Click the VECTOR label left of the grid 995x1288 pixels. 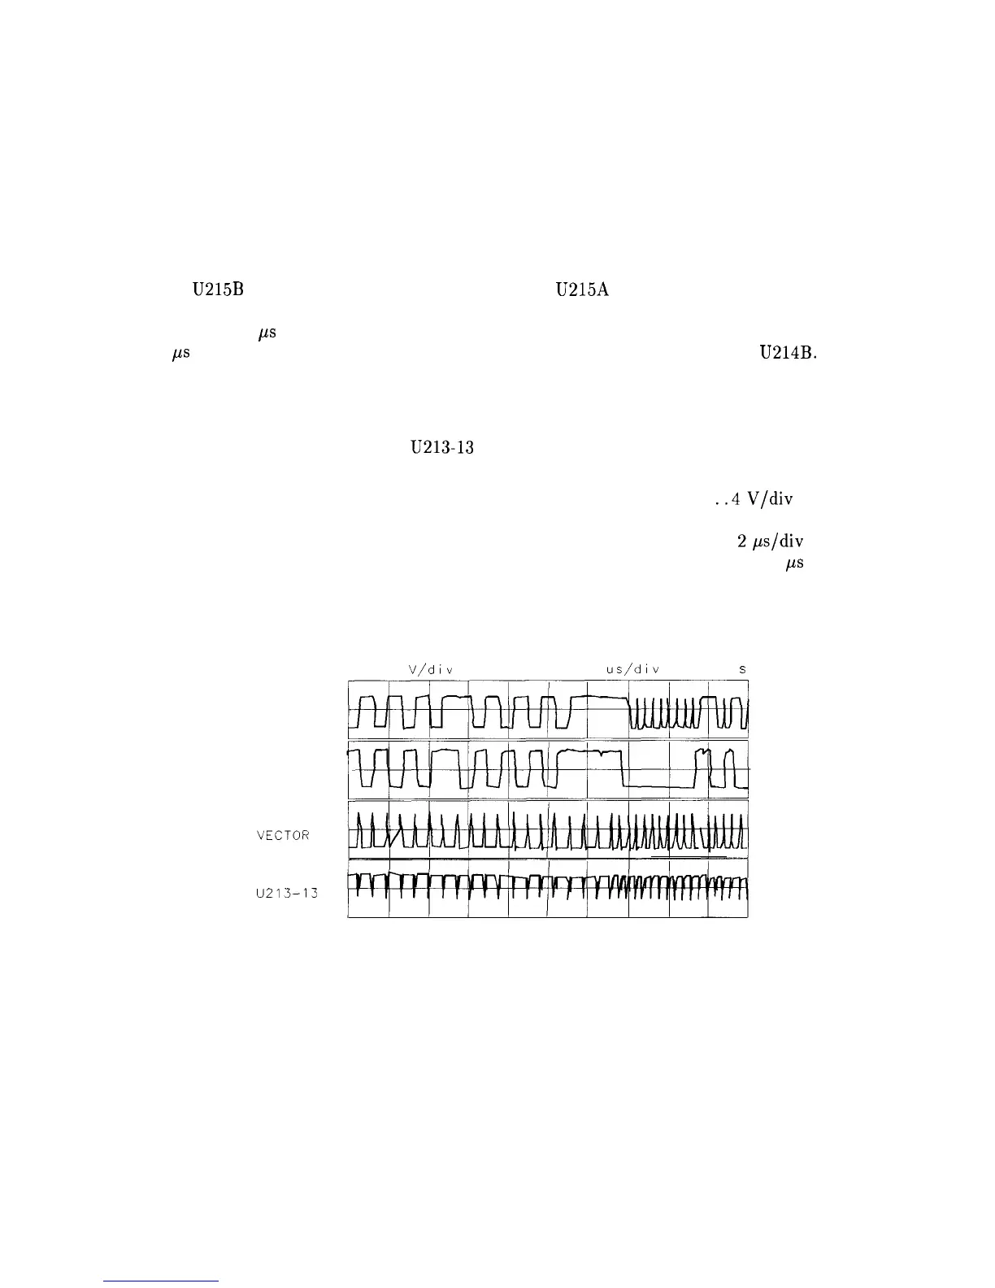point(283,836)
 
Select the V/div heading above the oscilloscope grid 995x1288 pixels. point(430,669)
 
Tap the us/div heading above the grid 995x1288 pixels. point(632,669)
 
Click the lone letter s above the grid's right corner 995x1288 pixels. point(742,669)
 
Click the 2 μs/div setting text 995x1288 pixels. point(770,542)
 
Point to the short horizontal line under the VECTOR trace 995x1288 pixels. point(689,857)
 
